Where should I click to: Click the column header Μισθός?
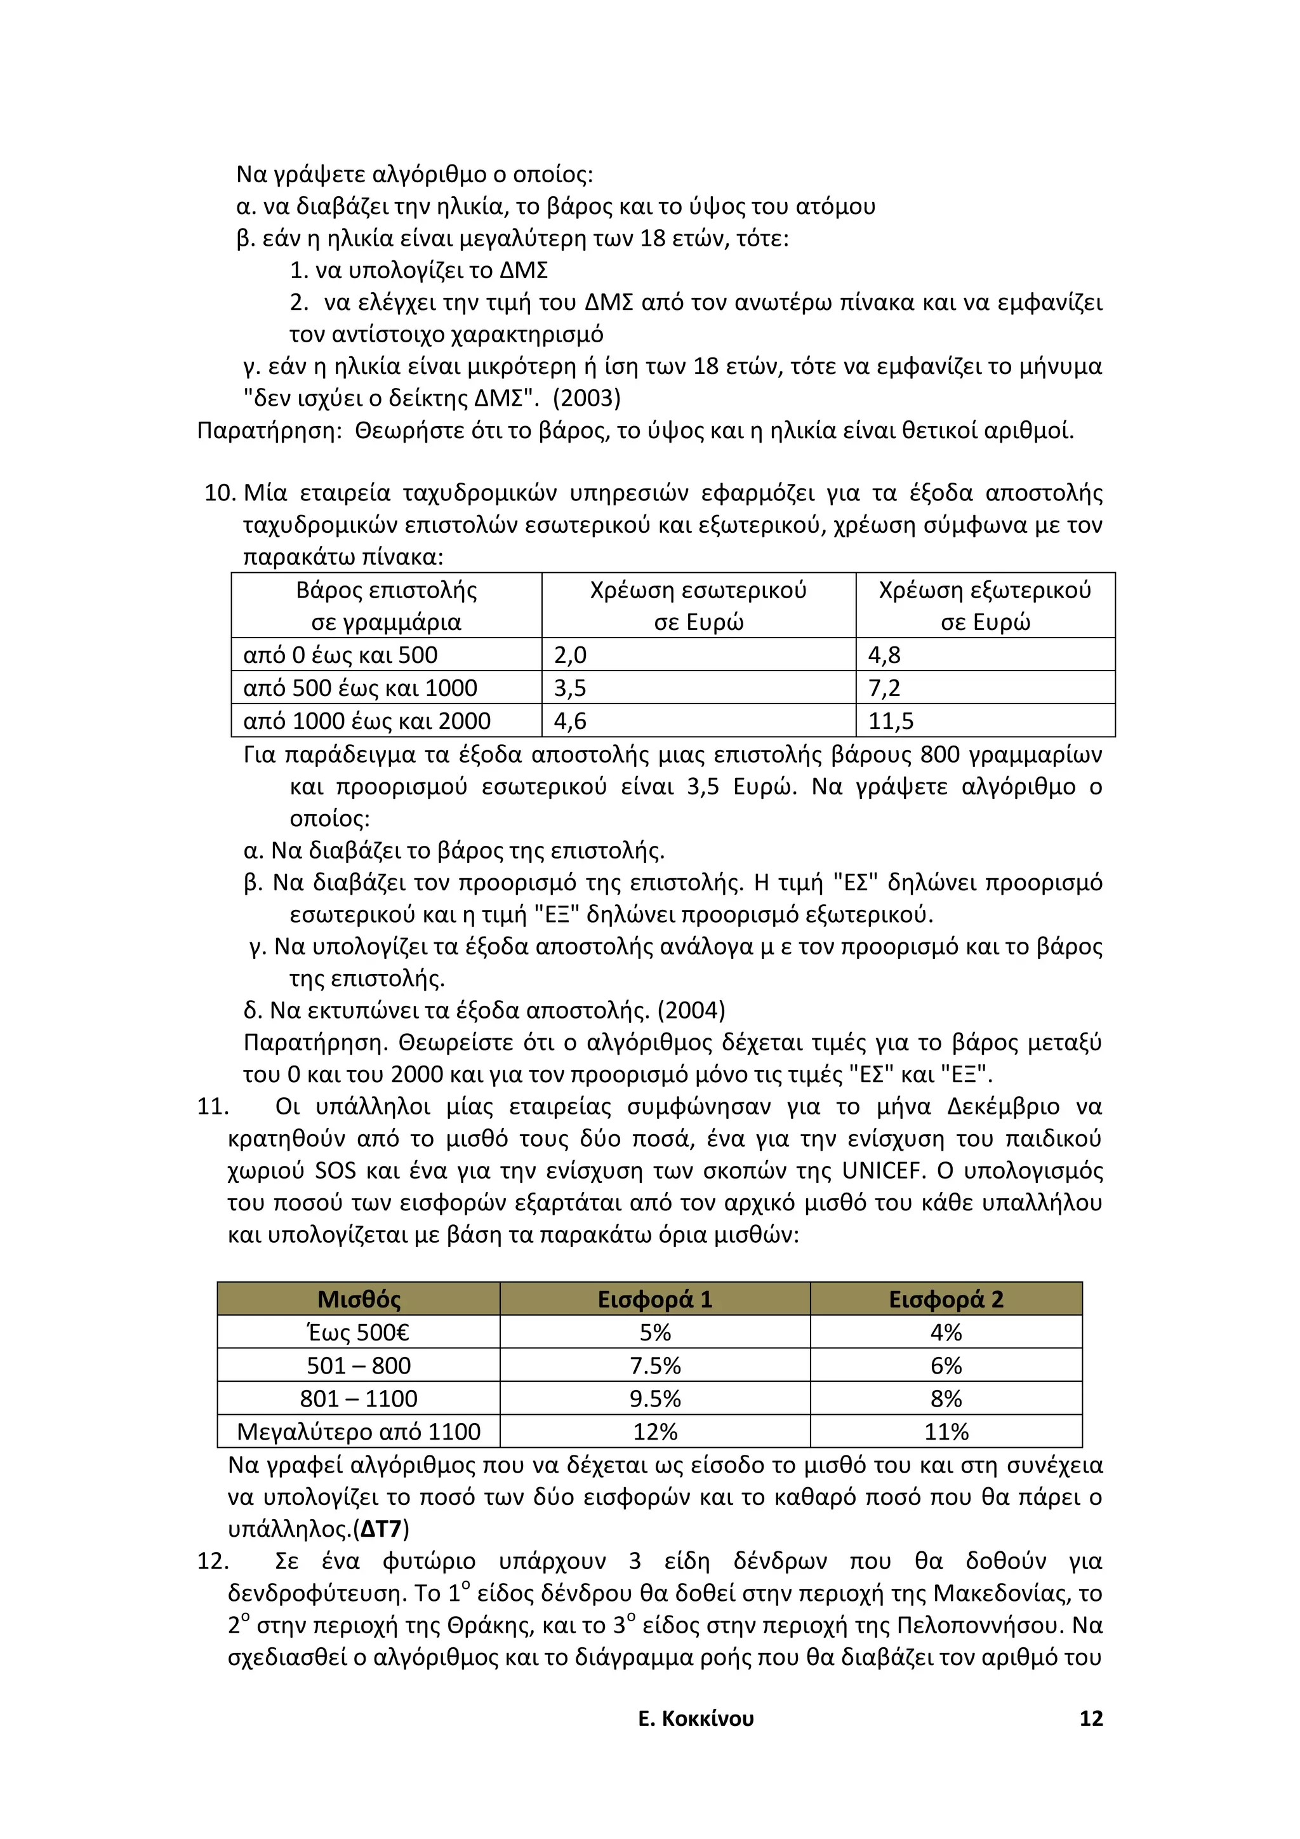[x=359, y=1299]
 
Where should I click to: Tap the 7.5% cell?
[x=655, y=1366]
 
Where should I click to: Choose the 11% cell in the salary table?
[x=946, y=1431]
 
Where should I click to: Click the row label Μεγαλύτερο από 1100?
[x=359, y=1431]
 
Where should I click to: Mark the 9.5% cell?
[x=655, y=1398]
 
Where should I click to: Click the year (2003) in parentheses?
[x=586, y=398]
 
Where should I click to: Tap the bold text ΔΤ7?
[x=380, y=1529]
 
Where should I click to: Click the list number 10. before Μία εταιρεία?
[x=220, y=493]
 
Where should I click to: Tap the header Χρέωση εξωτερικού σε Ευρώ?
[x=985, y=606]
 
